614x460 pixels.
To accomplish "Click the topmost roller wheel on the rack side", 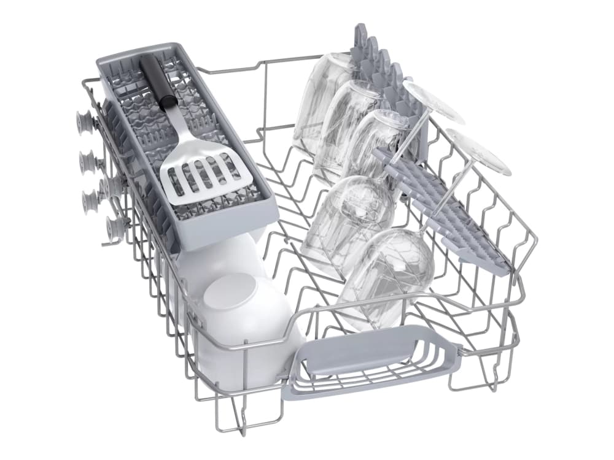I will (x=84, y=121).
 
